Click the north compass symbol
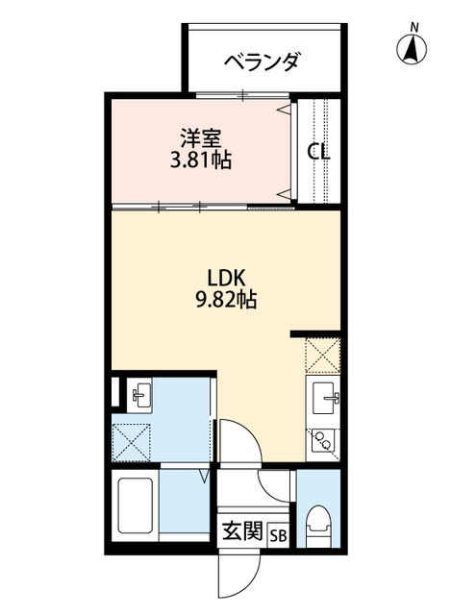coord(413,48)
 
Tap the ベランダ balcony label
coord(262,62)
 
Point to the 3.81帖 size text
coord(201,159)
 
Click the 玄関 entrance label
coord(243,531)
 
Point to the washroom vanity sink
coord(140,393)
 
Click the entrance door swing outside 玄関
coord(237,577)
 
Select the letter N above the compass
coord(413,26)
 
